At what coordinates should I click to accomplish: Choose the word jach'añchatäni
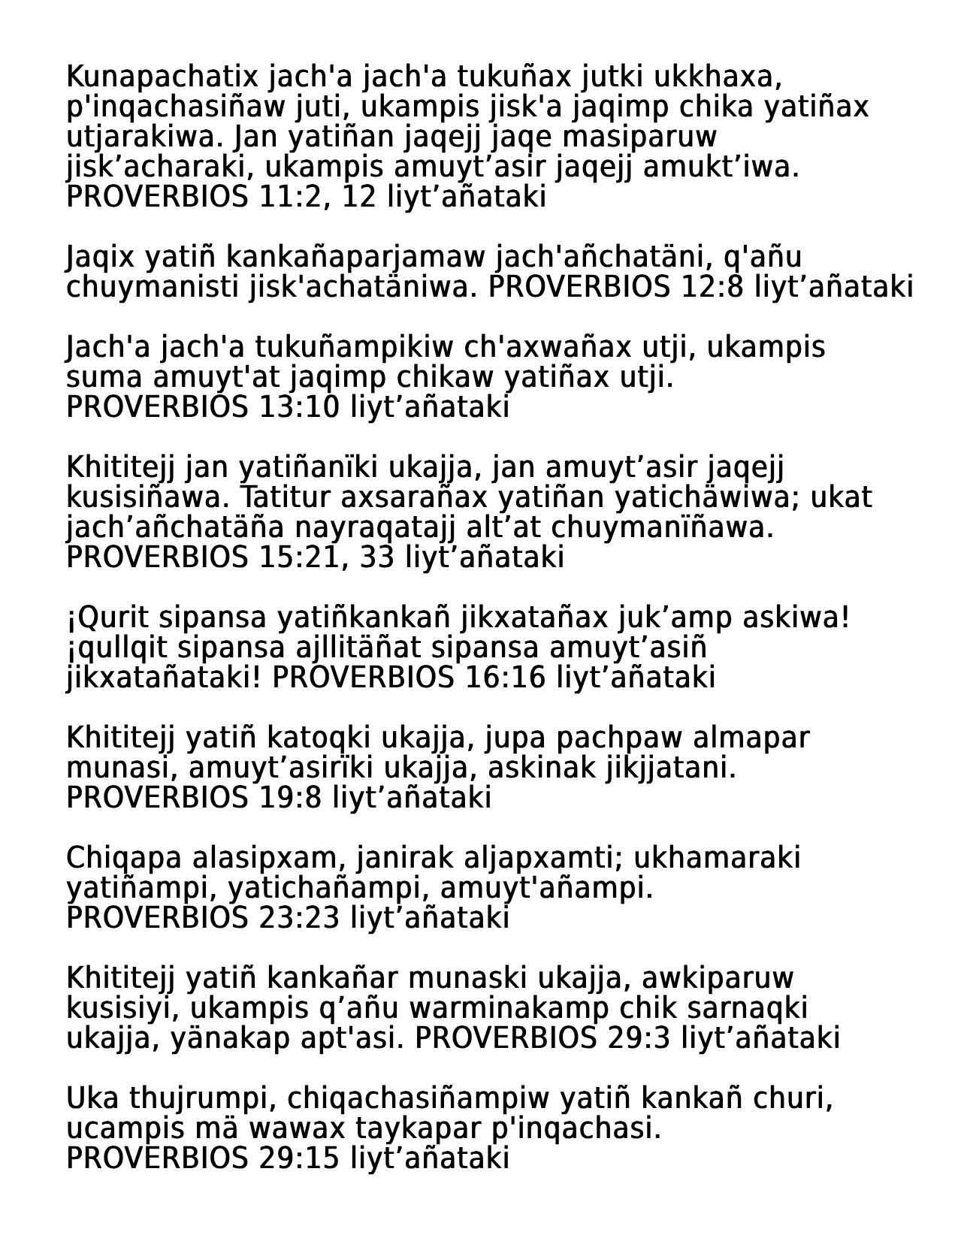(x=603, y=257)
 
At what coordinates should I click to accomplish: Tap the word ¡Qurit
(x=108, y=617)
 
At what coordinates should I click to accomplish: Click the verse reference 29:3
(x=639, y=1038)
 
